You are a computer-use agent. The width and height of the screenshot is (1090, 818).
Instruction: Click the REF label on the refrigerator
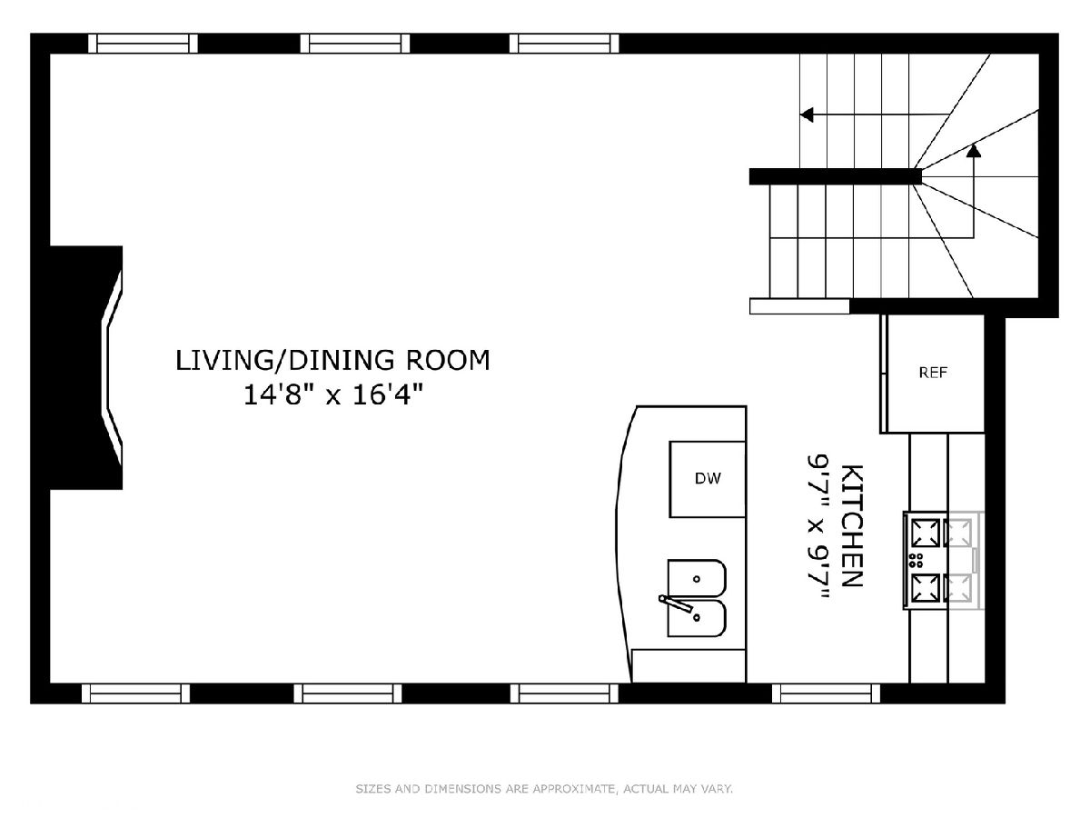click(x=933, y=373)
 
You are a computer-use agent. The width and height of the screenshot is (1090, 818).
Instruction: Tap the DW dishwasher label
click(x=708, y=478)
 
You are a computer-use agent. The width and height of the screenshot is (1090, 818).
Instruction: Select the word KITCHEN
click(x=852, y=526)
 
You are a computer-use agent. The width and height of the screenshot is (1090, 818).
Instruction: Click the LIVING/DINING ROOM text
click(x=332, y=360)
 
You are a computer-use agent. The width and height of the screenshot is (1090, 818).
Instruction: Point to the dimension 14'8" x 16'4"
click(x=332, y=395)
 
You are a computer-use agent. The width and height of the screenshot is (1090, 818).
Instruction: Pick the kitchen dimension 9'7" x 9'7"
click(x=818, y=526)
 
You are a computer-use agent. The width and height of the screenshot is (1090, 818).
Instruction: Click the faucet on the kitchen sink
click(x=676, y=603)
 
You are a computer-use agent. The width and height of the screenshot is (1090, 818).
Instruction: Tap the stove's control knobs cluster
click(x=916, y=560)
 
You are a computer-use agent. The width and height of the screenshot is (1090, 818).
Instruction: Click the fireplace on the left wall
click(x=87, y=367)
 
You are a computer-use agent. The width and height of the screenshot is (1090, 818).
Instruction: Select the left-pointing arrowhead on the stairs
click(x=807, y=115)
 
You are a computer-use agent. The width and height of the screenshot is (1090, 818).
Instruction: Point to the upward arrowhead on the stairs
click(x=974, y=151)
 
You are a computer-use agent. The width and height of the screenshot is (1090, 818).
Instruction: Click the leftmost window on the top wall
click(x=143, y=44)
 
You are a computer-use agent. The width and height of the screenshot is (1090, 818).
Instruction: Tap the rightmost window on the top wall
click(x=564, y=44)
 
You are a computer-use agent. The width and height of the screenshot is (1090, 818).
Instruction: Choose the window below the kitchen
click(x=826, y=693)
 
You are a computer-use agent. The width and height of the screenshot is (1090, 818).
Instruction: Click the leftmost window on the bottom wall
click(x=136, y=693)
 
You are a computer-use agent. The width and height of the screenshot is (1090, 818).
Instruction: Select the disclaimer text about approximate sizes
click(x=544, y=789)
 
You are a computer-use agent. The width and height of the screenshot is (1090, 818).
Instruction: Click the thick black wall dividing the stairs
click(x=836, y=176)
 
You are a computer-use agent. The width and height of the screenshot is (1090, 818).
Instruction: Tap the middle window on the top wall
click(x=355, y=44)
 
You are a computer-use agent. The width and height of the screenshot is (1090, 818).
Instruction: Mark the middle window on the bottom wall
click(x=348, y=693)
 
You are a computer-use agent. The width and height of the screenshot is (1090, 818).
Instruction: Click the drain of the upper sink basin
click(x=696, y=579)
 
